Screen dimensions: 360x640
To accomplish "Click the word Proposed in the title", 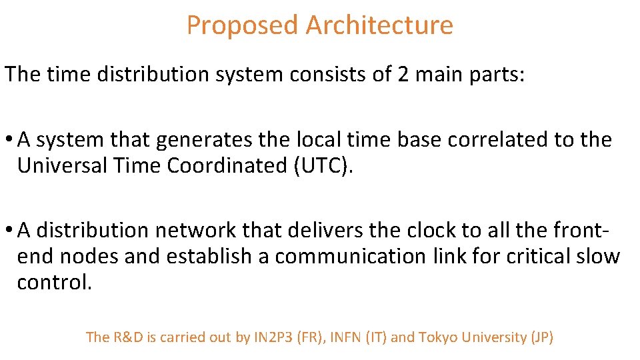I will pos(241,26).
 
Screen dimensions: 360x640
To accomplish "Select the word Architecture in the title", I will pos(379,26).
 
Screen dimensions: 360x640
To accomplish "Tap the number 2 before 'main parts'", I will pos(403,74).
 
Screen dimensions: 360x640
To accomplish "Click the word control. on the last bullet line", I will pos(53,283).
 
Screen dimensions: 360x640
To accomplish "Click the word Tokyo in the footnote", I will pos(437,337).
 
